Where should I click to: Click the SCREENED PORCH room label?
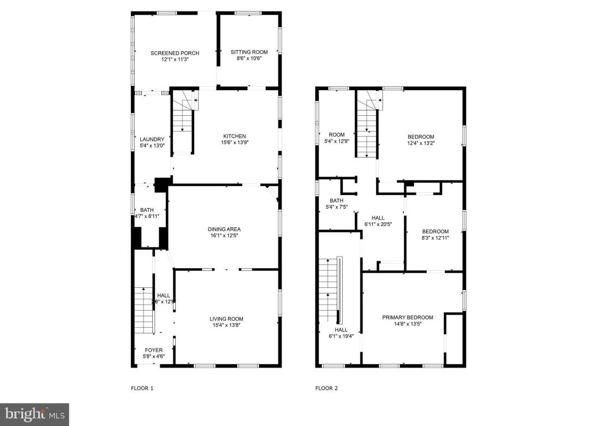pos(175,53)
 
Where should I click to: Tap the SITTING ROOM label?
pos(249,52)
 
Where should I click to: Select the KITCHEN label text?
pos(234,136)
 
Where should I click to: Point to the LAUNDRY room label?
pos(152,139)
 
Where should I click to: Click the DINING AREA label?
pos(224,229)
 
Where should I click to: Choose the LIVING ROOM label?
pos(226,319)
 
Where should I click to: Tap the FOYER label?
pos(153,350)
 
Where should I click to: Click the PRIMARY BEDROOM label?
pos(407,317)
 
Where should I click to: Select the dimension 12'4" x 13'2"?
pos(421,143)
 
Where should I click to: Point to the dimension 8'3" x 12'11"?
pos(435,238)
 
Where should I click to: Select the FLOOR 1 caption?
pos(142,388)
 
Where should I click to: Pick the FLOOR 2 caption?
pos(326,388)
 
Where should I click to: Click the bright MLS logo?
pos(34,415)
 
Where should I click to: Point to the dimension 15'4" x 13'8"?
pos(226,326)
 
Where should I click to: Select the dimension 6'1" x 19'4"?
pos(341,336)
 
